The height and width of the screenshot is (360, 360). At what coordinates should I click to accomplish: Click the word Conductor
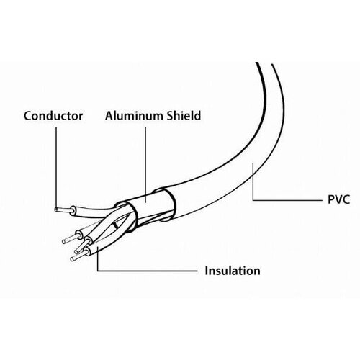[53, 116]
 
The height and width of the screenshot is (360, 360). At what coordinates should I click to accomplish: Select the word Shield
[184, 115]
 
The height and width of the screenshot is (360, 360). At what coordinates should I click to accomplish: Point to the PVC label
[338, 199]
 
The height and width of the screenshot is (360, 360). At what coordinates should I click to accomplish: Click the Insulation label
[233, 271]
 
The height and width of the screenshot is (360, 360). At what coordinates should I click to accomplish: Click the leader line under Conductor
[56, 168]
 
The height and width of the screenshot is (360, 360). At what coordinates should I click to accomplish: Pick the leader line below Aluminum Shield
[145, 165]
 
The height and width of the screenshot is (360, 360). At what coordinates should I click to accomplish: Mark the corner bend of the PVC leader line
[253, 199]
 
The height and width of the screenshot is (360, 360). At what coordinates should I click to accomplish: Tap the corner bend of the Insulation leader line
[98, 271]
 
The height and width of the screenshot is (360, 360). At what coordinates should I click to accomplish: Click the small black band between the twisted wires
[116, 225]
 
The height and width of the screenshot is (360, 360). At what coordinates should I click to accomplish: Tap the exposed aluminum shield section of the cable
[149, 204]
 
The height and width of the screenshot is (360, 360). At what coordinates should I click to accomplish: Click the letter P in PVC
[331, 199]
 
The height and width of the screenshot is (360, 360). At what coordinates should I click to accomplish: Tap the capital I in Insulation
[206, 271]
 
